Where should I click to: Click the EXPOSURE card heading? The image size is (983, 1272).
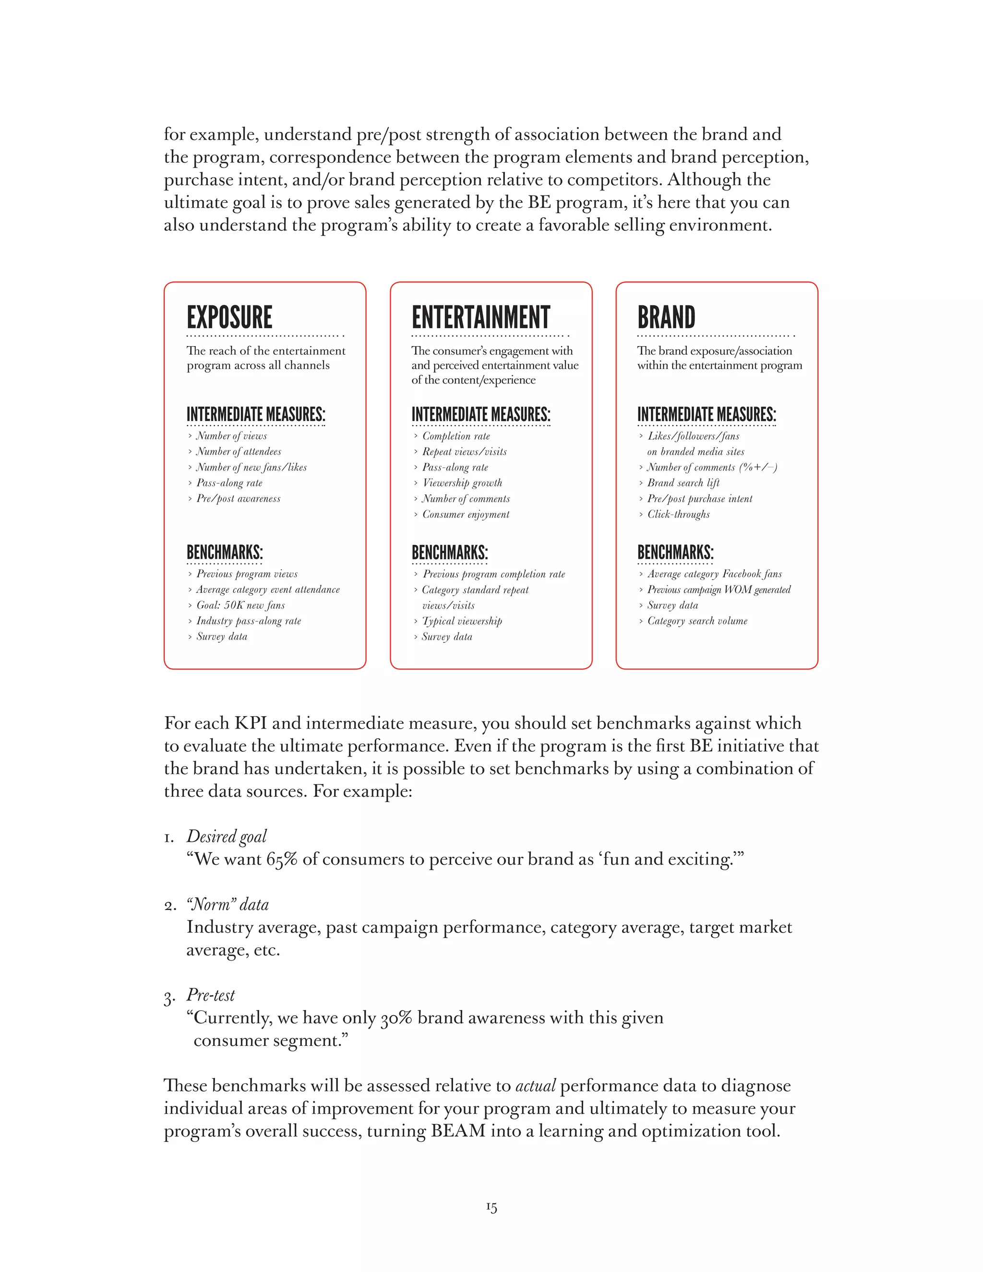[x=229, y=318]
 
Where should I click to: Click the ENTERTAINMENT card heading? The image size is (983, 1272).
[x=480, y=318]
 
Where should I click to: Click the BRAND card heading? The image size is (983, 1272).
[x=666, y=318]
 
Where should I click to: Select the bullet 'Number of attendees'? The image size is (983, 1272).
[x=238, y=451]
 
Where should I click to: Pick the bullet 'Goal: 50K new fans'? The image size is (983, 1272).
[x=240, y=605]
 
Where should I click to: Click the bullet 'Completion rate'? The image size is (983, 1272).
[x=456, y=436]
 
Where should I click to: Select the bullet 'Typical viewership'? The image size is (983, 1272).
[x=462, y=621]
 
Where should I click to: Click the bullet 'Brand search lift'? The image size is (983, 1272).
[x=683, y=483]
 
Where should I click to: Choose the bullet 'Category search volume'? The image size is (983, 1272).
[x=697, y=621]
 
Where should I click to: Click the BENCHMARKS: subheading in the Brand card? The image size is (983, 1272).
[x=675, y=552]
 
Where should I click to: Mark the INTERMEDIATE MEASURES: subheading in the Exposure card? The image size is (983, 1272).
[x=256, y=415]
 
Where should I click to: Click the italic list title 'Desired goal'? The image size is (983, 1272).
[x=227, y=836]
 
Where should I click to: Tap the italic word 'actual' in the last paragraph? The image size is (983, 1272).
[x=535, y=1086]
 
